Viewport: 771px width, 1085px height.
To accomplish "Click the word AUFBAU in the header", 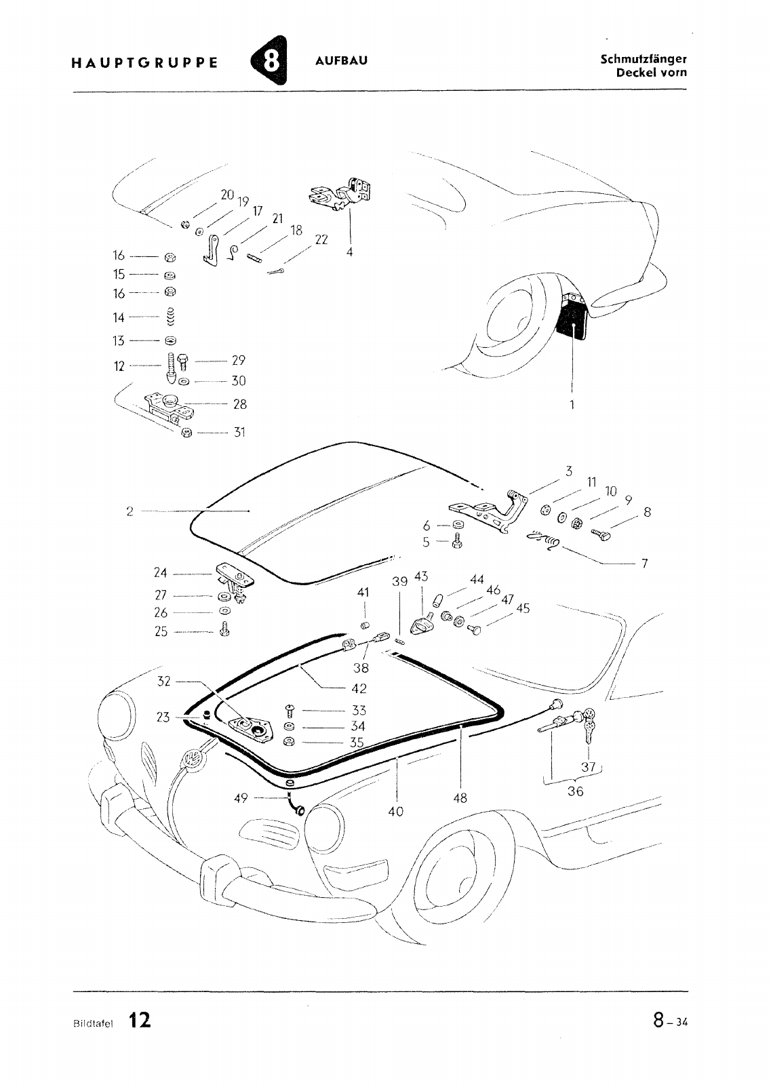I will [342, 61].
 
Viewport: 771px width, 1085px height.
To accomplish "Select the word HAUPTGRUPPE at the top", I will [144, 63].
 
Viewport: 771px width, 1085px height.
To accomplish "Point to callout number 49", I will [241, 798].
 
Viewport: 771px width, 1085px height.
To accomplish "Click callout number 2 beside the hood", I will [129, 511].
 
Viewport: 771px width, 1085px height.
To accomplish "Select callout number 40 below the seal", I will [396, 810].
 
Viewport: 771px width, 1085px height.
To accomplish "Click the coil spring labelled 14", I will [171, 317].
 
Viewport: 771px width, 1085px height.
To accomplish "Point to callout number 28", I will [239, 404].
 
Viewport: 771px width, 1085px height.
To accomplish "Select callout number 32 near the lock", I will [164, 681].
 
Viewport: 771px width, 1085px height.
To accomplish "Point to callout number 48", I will [460, 798].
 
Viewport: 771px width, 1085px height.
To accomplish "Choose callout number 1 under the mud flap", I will [572, 404].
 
